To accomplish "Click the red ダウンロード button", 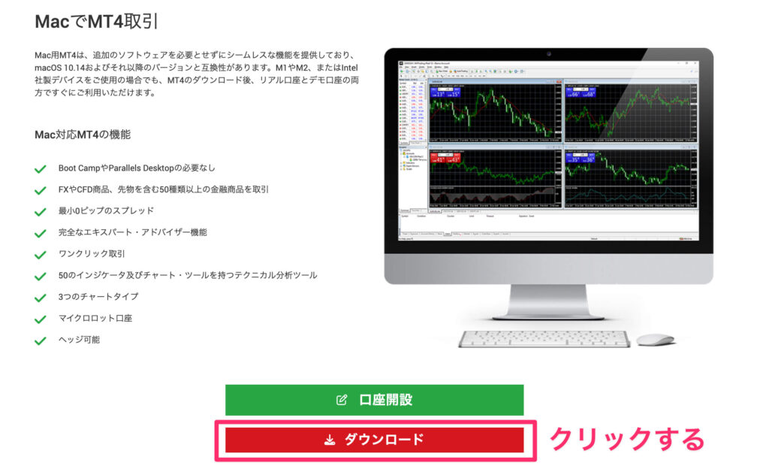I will [x=374, y=440].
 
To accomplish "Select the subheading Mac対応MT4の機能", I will [x=83, y=135].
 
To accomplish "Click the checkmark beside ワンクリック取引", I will [x=41, y=255].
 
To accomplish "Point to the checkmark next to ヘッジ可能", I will [x=41, y=340].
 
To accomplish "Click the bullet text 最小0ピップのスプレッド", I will [x=106, y=211].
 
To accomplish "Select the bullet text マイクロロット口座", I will [x=95, y=319].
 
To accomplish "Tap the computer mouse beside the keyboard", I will [x=655, y=340].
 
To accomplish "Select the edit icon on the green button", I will [x=342, y=400].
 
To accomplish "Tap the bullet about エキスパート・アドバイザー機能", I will [x=133, y=233].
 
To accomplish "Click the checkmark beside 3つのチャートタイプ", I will [x=41, y=298].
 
